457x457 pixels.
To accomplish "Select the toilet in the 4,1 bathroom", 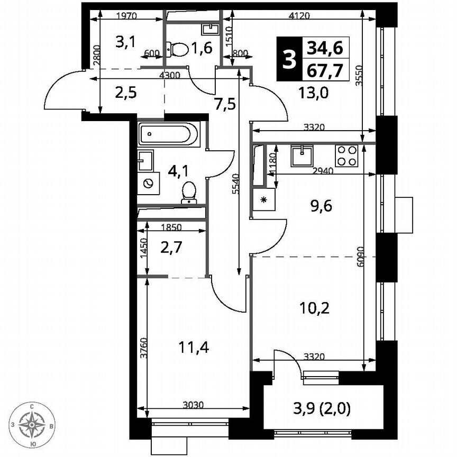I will (x=188, y=193).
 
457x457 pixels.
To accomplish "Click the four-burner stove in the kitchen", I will (x=347, y=156).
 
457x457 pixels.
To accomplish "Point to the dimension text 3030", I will (x=193, y=406).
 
